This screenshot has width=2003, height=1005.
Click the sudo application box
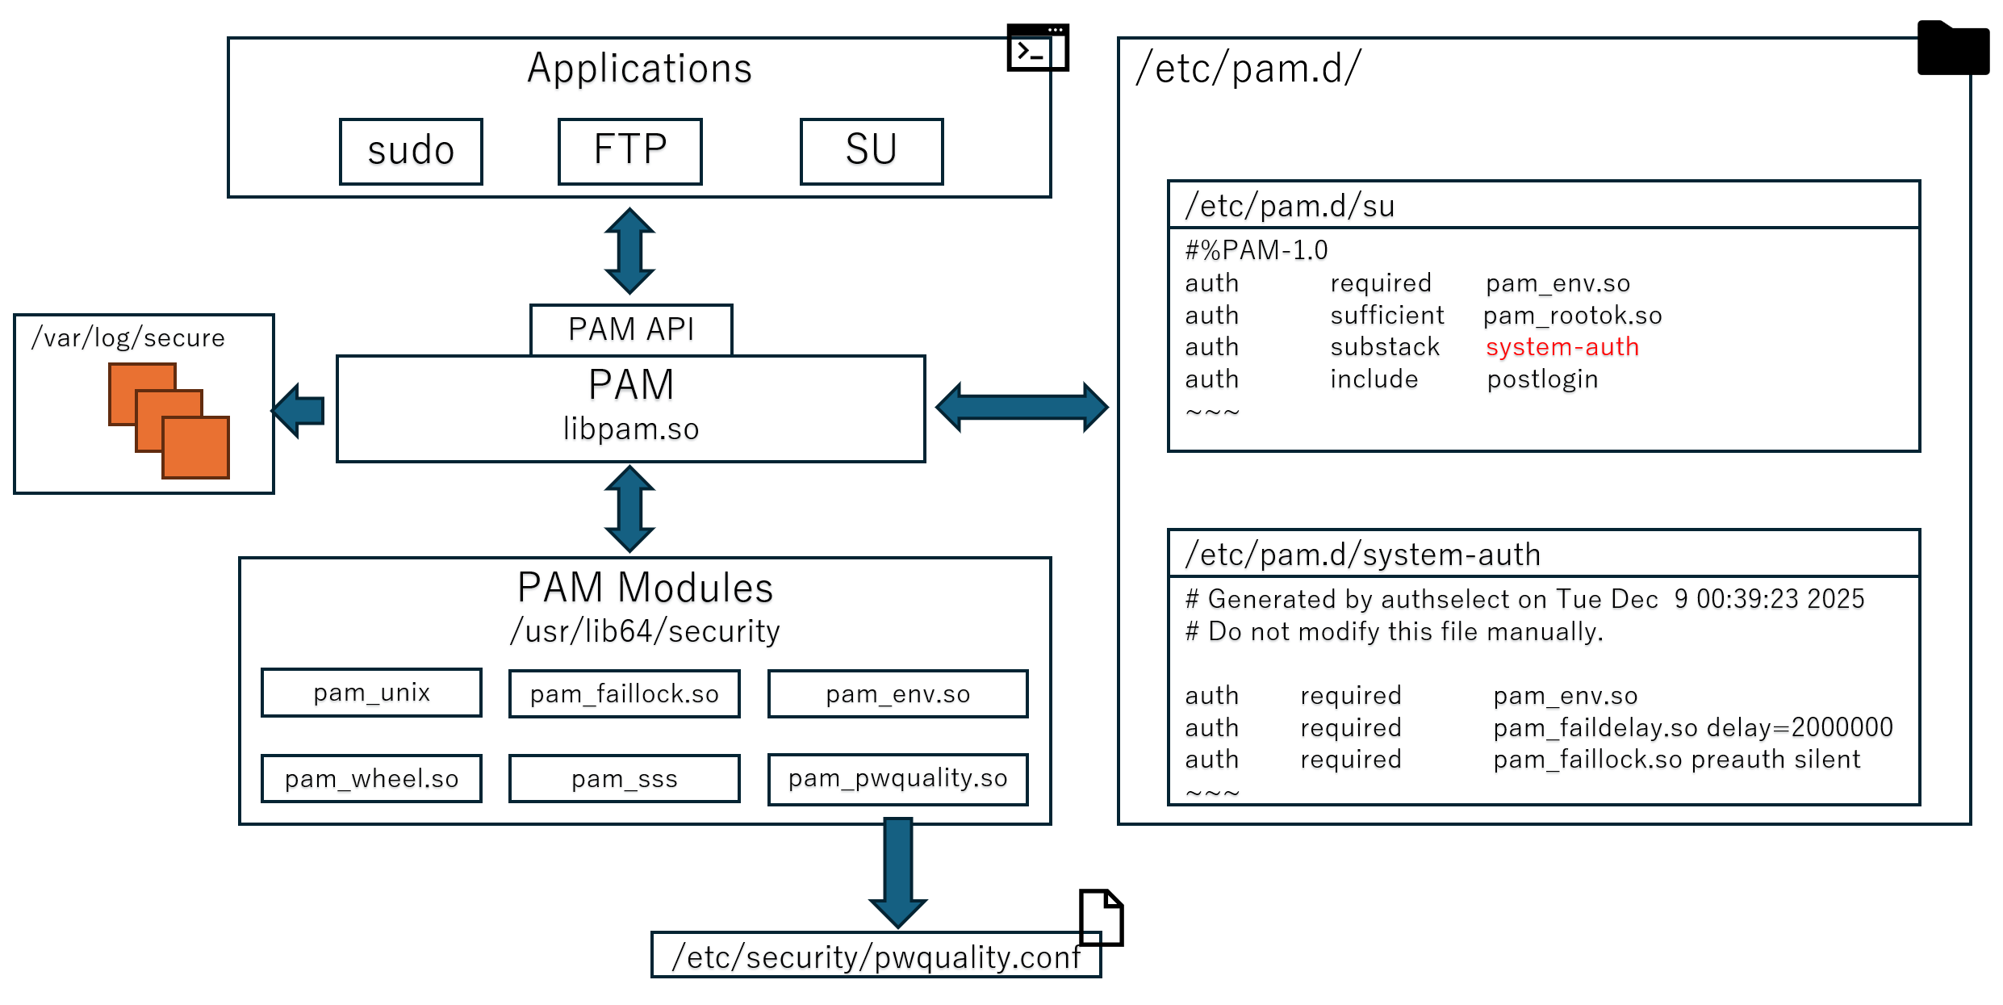pos(411,152)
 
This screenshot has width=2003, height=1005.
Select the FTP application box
pos(629,152)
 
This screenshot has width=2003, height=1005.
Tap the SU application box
pos(871,152)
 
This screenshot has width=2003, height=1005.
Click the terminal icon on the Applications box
pos(1037,48)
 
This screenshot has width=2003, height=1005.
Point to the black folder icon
pos(1952,50)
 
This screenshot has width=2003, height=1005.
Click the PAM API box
pos(630,329)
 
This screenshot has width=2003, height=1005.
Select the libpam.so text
pos(630,429)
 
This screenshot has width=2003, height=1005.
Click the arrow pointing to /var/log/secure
pos(299,410)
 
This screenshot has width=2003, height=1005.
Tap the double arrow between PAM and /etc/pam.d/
pos(1021,408)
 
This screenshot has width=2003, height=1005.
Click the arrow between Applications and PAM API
pos(629,251)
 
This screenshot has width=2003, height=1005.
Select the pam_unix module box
pos(371,693)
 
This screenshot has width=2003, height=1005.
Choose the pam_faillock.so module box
pos(624,693)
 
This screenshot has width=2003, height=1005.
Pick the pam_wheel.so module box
pos(371,779)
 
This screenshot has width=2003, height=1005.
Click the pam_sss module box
pos(624,779)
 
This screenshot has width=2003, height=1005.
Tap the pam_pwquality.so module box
pos(897,779)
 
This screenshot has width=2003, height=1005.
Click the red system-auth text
pos(1562,347)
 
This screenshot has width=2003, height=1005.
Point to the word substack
pos(1385,347)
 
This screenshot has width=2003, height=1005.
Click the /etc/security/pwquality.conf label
pos(876,957)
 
